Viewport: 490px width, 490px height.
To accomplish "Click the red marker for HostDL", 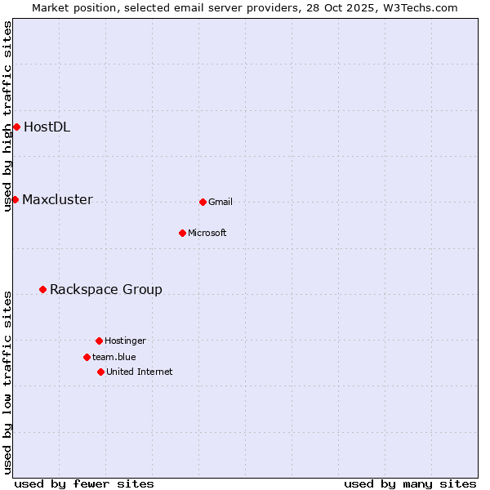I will pyautogui.click(x=16, y=127).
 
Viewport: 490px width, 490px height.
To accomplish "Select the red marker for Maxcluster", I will pyautogui.click(x=15, y=199).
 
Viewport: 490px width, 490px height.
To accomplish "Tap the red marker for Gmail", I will pyautogui.click(x=203, y=202).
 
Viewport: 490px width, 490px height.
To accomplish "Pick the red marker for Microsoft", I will pyautogui.click(x=182, y=233).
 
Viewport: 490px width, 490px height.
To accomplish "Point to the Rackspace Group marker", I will pyautogui.click(x=42, y=289).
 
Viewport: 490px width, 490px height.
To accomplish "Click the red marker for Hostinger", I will pyautogui.click(x=99, y=341).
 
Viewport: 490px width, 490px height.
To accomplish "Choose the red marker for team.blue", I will pyautogui.click(x=87, y=357).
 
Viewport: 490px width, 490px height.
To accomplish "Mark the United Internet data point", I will pyautogui.click(x=100, y=372).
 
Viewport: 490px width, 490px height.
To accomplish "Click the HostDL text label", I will pyautogui.click(x=47, y=127).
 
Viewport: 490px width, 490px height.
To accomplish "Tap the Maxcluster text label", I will pyautogui.click(x=57, y=199).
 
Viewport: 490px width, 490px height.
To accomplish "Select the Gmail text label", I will pyautogui.click(x=220, y=202).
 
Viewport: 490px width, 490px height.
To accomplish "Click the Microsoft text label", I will pyautogui.click(x=207, y=233).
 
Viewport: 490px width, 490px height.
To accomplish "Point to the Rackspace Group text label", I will pyautogui.click(x=106, y=289).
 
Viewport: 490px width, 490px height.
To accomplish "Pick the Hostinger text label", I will pyautogui.click(x=125, y=341).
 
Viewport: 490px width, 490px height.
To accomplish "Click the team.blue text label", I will pyautogui.click(x=114, y=357).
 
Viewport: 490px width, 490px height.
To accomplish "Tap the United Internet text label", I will pyautogui.click(x=140, y=372).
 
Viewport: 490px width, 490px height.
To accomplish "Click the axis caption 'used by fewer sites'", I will pyautogui.click(x=84, y=483).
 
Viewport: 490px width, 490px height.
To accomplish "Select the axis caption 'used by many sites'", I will pyautogui.click(x=410, y=483).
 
